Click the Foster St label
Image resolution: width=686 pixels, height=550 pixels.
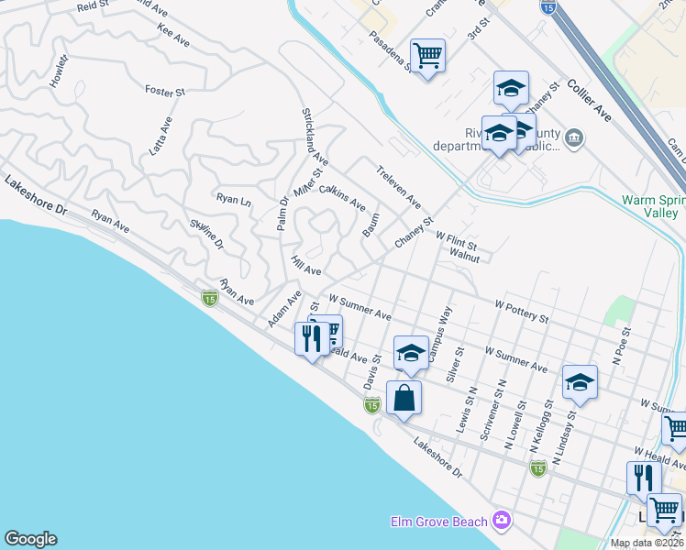[165, 92]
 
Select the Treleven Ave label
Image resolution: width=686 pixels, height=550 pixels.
[398, 186]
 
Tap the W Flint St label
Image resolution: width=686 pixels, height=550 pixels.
[457, 240]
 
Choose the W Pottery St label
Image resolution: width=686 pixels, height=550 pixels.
[521, 310]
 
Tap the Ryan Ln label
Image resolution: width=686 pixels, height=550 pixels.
[233, 199]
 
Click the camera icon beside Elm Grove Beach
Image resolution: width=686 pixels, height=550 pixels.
[502, 521]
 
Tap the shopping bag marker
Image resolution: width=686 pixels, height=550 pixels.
[404, 398]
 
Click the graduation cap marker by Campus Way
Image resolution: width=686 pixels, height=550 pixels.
[411, 352]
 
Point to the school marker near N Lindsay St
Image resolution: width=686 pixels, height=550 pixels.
[580, 382]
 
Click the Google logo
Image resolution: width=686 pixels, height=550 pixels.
[30, 539]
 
